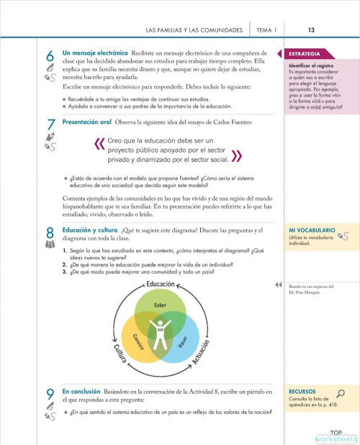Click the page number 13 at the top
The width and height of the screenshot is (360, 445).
pyautogui.click(x=310, y=30)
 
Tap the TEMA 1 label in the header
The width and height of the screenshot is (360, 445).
pyautogui.click(x=266, y=30)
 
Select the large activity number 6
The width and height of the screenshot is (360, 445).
pyautogui.click(x=49, y=55)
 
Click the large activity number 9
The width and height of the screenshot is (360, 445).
pyautogui.click(x=49, y=393)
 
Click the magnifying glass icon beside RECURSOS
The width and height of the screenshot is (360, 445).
pyautogui.click(x=341, y=393)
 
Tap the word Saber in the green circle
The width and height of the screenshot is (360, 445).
pyautogui.click(x=160, y=306)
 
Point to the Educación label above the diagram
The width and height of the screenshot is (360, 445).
pyautogui.click(x=160, y=285)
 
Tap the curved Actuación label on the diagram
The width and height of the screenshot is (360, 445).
pyautogui.click(x=206, y=358)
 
